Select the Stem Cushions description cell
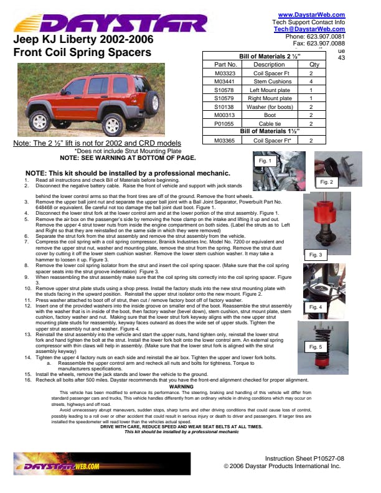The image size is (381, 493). [x=269, y=82]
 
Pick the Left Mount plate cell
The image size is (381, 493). [x=269, y=90]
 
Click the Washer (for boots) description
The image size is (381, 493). [x=269, y=107]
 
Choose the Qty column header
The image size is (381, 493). [x=314, y=64]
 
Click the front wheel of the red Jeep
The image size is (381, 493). [x=40, y=120]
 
